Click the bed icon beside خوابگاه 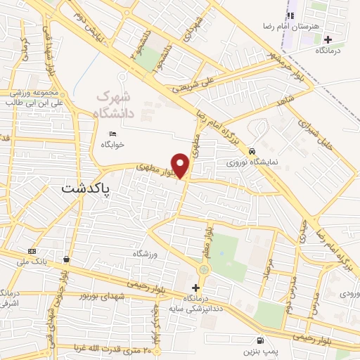(112, 134)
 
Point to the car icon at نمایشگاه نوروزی (251, 151)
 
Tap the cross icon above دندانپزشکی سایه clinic (195, 288)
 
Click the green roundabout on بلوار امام (203, 269)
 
